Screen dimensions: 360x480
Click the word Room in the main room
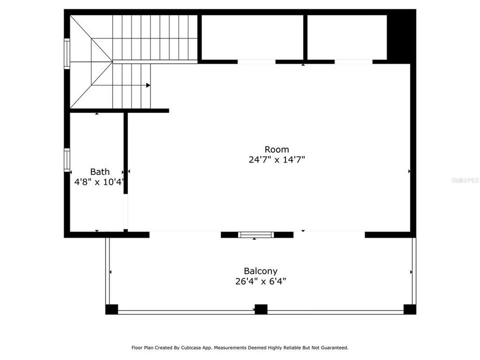coord(276,149)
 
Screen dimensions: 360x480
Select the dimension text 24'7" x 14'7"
coord(276,160)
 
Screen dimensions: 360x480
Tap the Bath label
coord(99,172)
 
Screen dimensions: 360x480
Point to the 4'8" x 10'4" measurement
coord(99,182)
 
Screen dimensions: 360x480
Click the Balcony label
coord(260,271)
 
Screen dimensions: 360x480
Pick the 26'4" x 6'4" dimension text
coord(260,281)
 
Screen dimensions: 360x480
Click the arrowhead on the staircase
coord(148,85)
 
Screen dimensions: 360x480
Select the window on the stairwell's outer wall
coord(66,53)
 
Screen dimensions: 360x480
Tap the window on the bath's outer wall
coord(66,160)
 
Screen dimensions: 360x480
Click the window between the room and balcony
coord(255,234)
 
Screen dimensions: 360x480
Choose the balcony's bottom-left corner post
coord(111,309)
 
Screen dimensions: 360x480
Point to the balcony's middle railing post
coord(260,309)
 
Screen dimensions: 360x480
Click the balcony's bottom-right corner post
coord(409,309)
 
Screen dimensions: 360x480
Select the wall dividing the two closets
coord(304,37)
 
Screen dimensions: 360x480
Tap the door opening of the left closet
coord(256,62)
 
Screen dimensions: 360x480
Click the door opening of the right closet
coord(353,62)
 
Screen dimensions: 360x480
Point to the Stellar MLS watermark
coord(464,179)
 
